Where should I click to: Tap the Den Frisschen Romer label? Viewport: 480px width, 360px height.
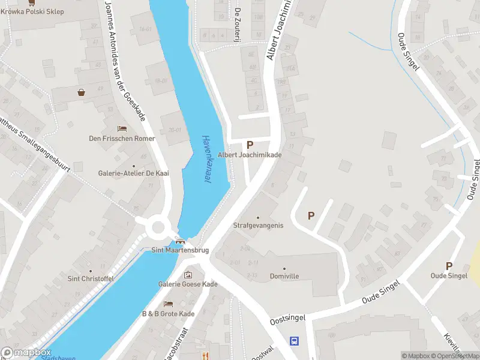pos(122,139)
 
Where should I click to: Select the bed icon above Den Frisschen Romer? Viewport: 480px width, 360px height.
pos(122,129)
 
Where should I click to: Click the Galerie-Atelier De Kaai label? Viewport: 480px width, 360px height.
pos(134,173)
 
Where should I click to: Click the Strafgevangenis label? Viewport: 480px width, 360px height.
pos(258,226)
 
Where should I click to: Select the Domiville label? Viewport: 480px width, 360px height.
pos(284,276)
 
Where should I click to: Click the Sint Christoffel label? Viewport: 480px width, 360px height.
pos(91,278)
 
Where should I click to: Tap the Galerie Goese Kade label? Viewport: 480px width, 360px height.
pos(188,284)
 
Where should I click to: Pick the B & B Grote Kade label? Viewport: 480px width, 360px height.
pos(168,314)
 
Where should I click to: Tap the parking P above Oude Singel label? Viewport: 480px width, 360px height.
pos(449,266)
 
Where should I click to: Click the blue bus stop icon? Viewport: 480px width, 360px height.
pos(294,341)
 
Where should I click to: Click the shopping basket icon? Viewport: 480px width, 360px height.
pos(81,92)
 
